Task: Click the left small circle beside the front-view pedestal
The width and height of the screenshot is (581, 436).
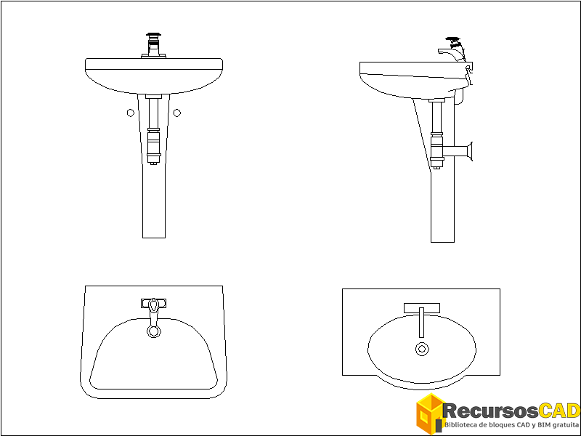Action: click(x=130, y=112)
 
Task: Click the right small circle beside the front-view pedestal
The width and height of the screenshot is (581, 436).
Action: click(x=176, y=112)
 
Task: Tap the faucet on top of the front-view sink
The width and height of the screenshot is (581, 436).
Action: click(x=153, y=44)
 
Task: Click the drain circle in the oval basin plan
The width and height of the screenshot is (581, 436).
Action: click(x=421, y=349)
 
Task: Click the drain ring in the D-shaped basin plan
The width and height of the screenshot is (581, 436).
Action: click(x=154, y=331)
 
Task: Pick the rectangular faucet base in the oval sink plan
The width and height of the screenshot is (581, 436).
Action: click(x=421, y=306)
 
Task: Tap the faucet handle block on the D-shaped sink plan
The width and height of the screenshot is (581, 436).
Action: click(x=153, y=302)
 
